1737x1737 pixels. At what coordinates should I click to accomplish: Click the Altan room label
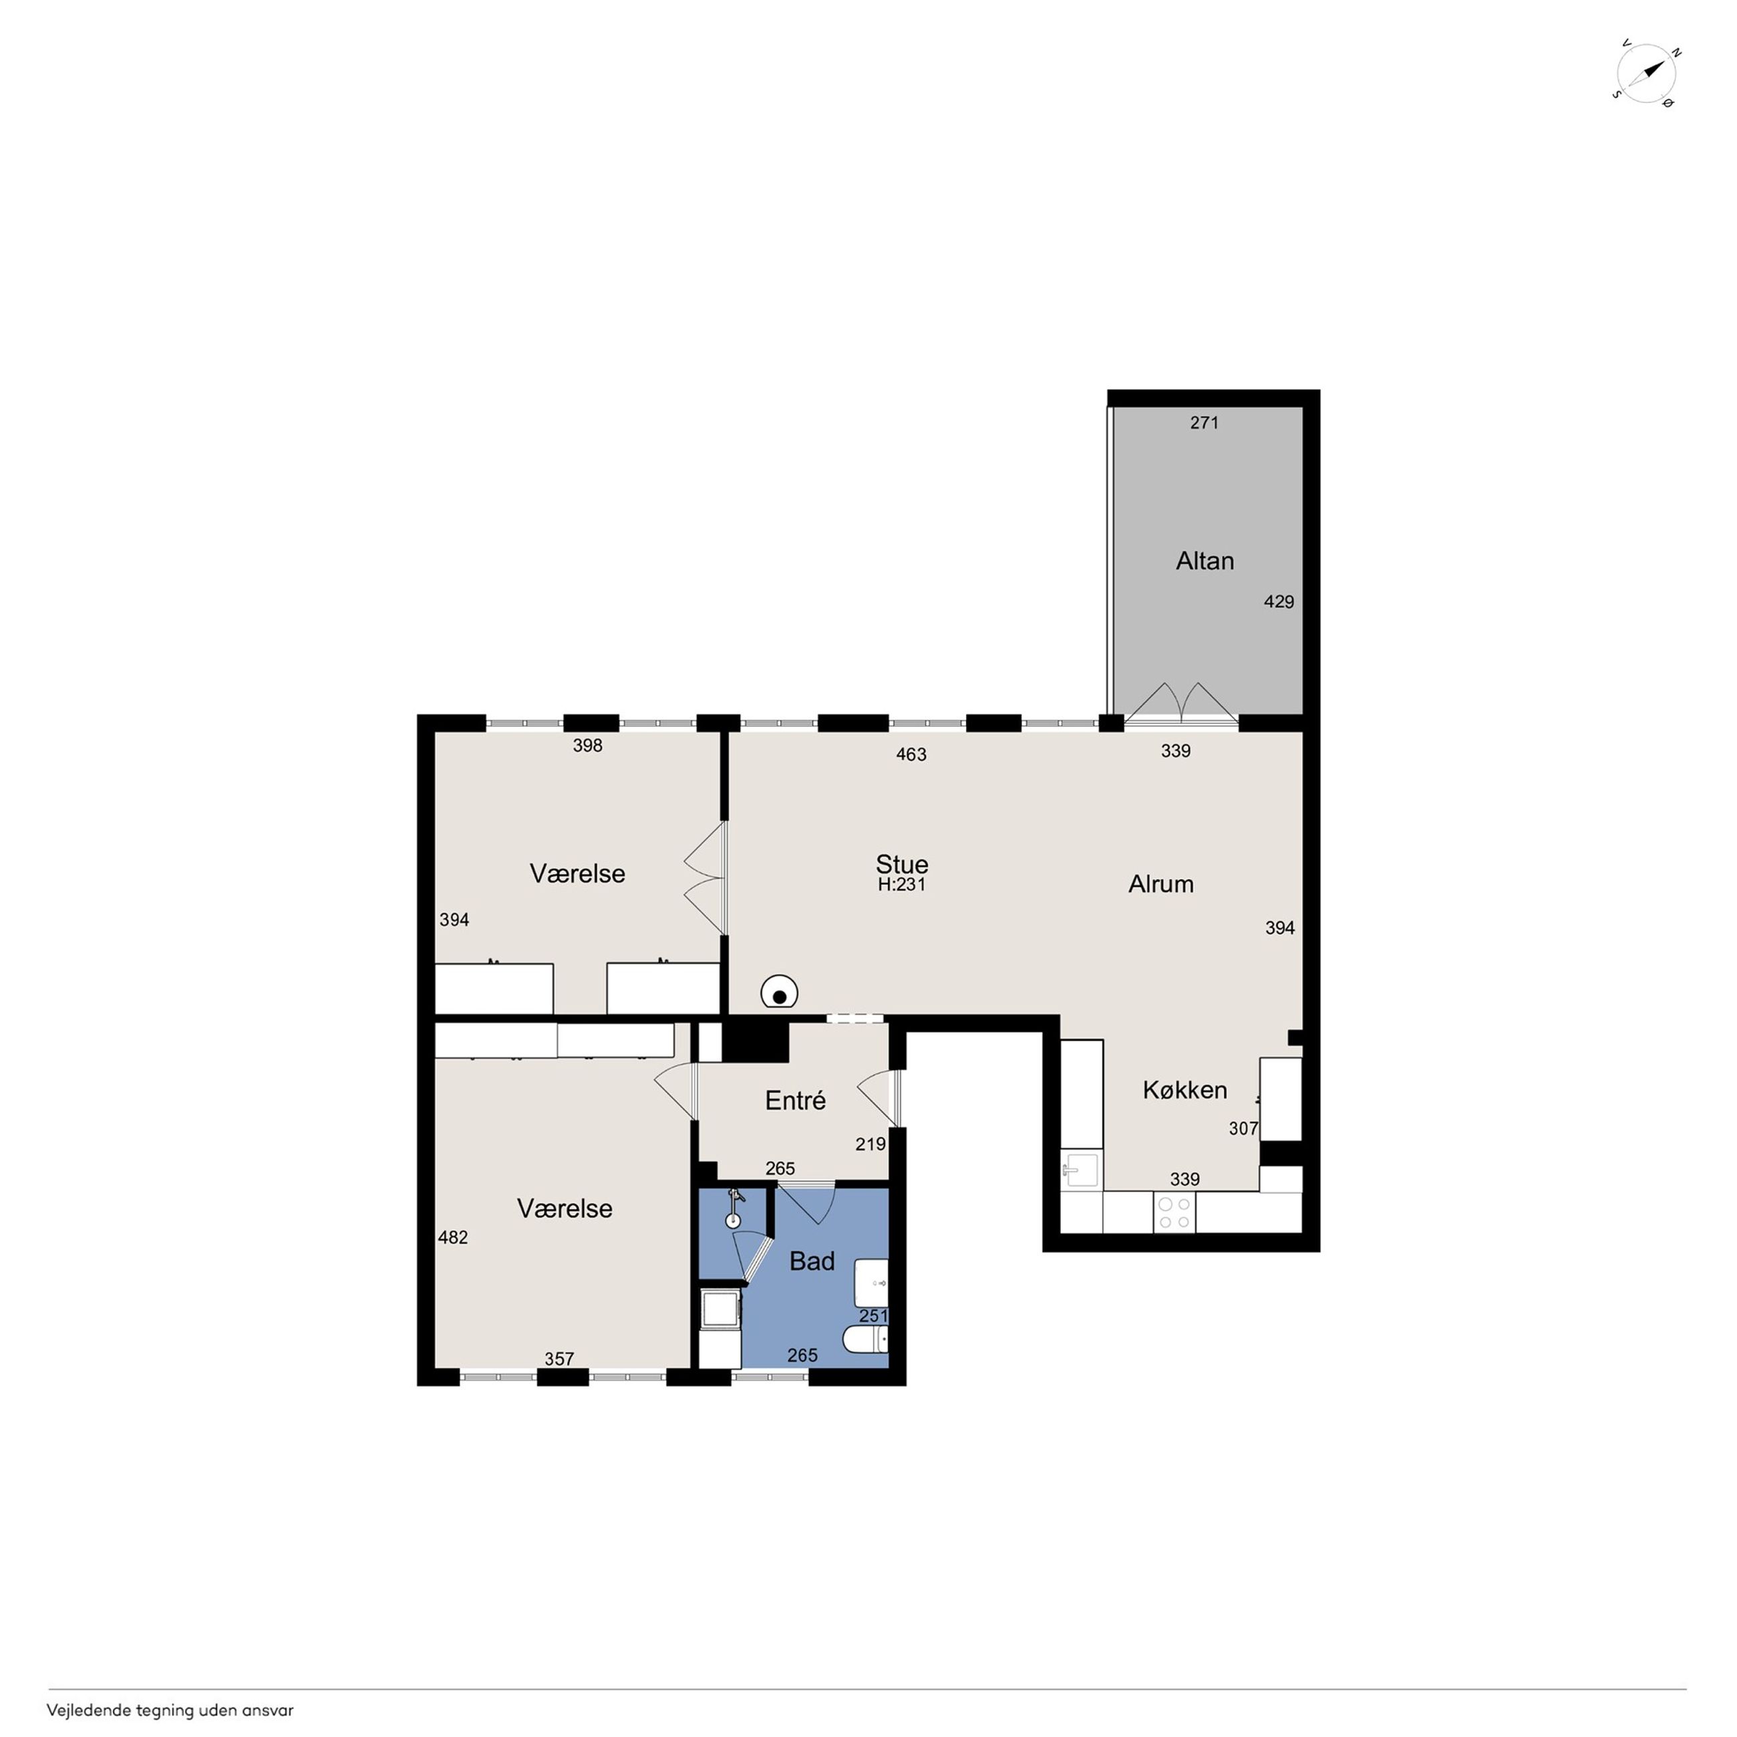coord(1205,561)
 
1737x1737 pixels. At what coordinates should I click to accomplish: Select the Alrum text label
coord(1160,884)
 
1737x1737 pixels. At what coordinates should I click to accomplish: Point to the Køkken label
coord(1185,1090)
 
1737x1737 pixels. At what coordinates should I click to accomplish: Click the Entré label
coord(795,1100)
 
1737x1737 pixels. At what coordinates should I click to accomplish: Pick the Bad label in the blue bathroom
coord(812,1261)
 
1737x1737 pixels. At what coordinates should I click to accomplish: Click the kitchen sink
coord(1082,1170)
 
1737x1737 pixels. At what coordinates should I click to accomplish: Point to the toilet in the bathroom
coord(866,1341)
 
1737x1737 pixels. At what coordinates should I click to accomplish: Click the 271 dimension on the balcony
coord(1204,423)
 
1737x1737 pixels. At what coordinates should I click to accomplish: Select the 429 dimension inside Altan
coord(1279,601)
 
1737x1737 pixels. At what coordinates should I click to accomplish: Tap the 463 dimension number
coord(911,754)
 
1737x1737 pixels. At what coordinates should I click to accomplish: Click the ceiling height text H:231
coord(902,885)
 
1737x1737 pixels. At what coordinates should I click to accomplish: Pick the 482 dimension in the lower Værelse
coord(452,1237)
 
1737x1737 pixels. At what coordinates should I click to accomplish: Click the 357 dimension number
coord(559,1358)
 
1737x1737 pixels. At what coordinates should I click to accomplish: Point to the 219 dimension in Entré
coord(871,1144)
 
